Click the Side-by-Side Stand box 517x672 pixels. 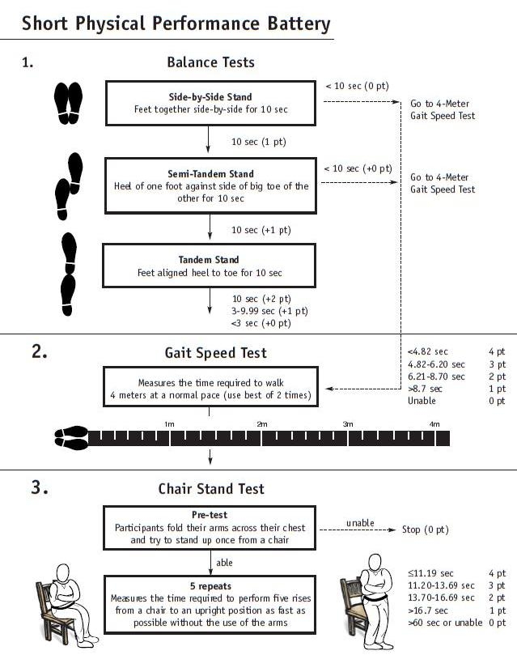[210, 103]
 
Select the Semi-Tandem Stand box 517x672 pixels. [210, 185]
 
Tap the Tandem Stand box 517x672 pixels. [210, 266]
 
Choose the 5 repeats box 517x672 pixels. [210, 604]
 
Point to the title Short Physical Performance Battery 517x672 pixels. [176, 23]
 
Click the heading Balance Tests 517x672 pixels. [210, 62]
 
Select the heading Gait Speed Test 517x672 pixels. [210, 352]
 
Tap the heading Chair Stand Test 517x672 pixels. [210, 488]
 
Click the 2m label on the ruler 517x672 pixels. [262, 424]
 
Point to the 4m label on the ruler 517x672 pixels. [434, 424]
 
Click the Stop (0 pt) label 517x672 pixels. [425, 530]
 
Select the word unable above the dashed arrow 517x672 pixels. [360, 522]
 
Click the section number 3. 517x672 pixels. [40, 487]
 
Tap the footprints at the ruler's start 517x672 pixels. [71, 437]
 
